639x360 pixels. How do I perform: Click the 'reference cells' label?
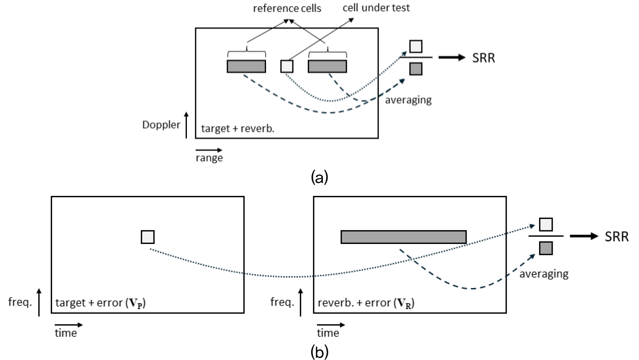pyautogui.click(x=287, y=8)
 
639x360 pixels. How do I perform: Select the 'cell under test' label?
pyautogui.click(x=376, y=8)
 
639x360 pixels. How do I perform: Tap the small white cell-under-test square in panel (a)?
pyautogui.click(x=287, y=66)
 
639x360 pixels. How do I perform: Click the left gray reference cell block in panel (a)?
pyautogui.click(x=246, y=66)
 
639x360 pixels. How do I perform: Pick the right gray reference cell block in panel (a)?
pyautogui.click(x=327, y=66)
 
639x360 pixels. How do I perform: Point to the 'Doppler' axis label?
pyautogui.click(x=161, y=125)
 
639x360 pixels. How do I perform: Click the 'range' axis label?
pyautogui.click(x=209, y=158)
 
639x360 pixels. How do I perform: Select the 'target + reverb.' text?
pyautogui.click(x=237, y=128)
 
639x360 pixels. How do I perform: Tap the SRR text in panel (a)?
pyautogui.click(x=484, y=58)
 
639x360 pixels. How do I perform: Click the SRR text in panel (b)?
pyautogui.click(x=616, y=237)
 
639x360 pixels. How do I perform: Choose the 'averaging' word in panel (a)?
pyautogui.click(x=408, y=100)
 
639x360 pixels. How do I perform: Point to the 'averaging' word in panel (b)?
pyautogui.click(x=544, y=274)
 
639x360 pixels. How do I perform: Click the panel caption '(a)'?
pyautogui.click(x=319, y=176)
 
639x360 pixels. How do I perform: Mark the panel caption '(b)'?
pyautogui.click(x=319, y=352)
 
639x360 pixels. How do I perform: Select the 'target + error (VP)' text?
pyautogui.click(x=100, y=303)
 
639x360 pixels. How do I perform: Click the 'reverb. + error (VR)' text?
pyautogui.click(x=366, y=303)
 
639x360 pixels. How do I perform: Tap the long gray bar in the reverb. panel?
pyautogui.click(x=403, y=237)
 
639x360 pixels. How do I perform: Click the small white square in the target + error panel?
pyautogui.click(x=148, y=237)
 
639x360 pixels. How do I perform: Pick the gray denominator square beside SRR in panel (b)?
pyautogui.click(x=546, y=248)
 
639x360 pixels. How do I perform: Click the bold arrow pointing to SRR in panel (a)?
pyautogui.click(x=452, y=58)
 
